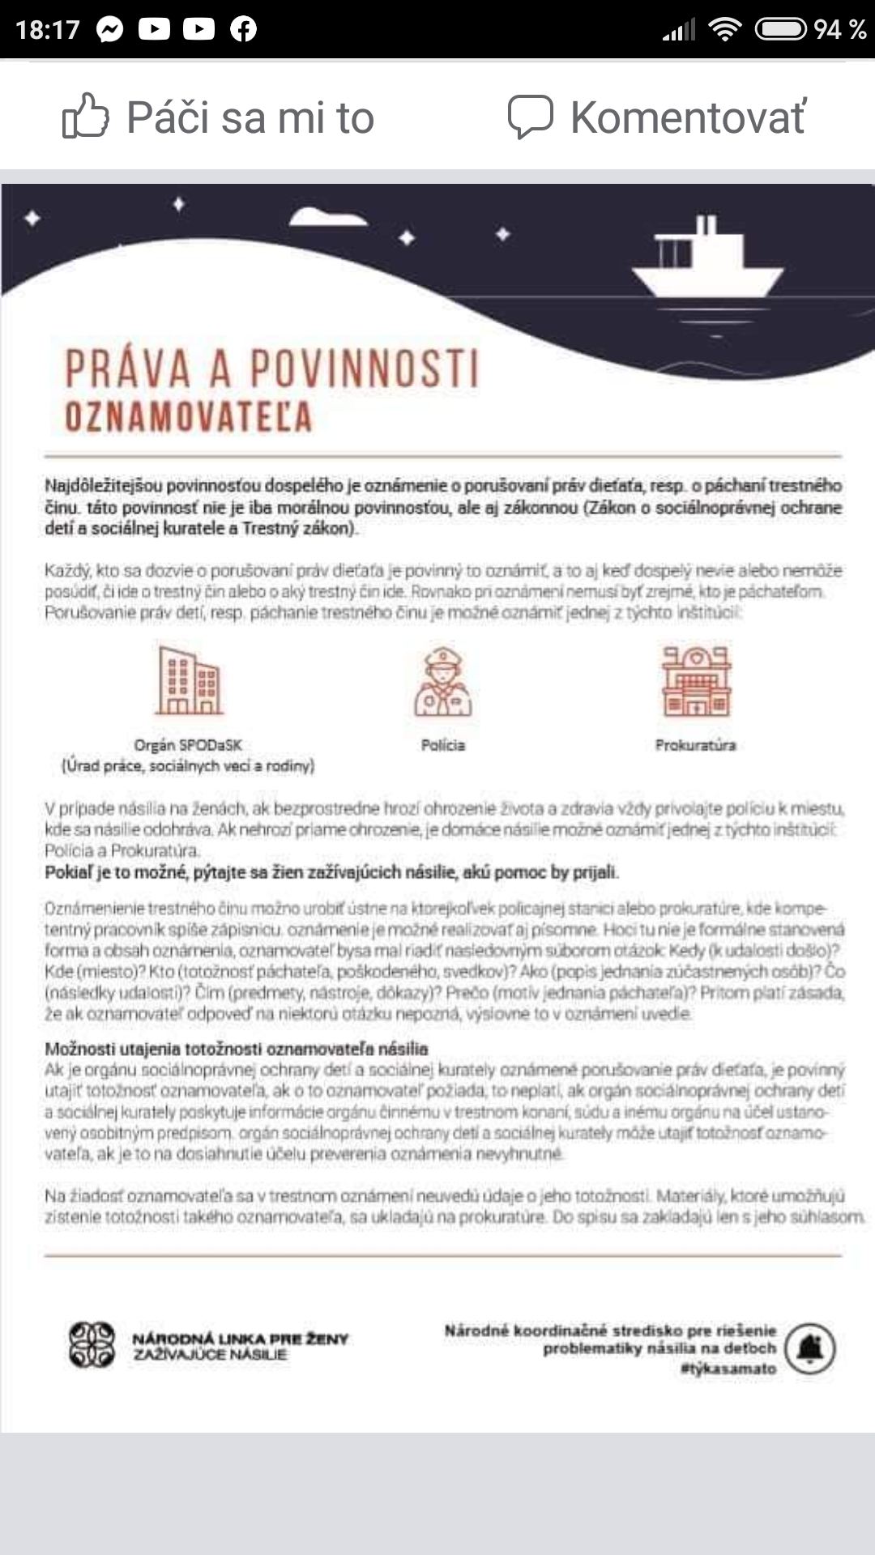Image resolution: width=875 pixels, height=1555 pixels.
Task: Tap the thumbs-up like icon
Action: tap(85, 117)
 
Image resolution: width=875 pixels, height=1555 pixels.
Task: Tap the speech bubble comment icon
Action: tap(530, 117)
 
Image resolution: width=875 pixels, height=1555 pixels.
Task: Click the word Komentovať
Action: tap(688, 117)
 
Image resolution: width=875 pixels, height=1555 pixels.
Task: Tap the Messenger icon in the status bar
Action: tap(109, 29)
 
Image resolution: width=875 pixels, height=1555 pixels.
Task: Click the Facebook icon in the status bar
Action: tap(243, 29)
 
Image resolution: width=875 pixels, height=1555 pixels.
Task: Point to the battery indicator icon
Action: tap(780, 29)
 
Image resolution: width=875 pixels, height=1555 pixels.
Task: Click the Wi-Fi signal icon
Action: tap(724, 29)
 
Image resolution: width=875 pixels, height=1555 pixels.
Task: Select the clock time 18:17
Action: tap(48, 30)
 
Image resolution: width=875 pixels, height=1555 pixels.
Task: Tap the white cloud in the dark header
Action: tap(328, 216)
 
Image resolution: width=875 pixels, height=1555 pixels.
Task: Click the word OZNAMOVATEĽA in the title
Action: tap(188, 417)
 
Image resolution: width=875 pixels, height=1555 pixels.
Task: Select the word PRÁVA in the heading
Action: tap(127, 369)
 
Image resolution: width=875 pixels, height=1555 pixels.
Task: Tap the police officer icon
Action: tap(442, 682)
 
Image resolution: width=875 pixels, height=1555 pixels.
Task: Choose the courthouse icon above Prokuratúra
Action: tap(696, 682)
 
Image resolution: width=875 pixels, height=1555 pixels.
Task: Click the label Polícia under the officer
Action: tap(442, 745)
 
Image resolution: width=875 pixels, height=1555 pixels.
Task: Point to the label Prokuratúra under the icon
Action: tap(695, 745)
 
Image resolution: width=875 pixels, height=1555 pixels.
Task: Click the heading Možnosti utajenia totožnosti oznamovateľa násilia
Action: tap(236, 1049)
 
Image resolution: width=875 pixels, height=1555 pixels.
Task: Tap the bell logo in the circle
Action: tap(810, 1348)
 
